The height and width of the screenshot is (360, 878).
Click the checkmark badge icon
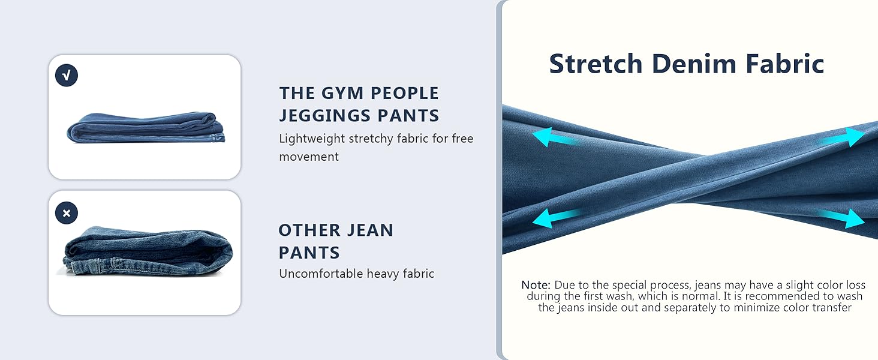pyautogui.click(x=67, y=75)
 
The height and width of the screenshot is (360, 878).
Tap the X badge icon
pyautogui.click(x=67, y=213)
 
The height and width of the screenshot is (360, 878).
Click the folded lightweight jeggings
pyautogui.click(x=146, y=128)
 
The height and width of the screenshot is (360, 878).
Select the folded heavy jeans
pyautogui.click(x=148, y=251)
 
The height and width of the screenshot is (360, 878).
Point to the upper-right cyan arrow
pyautogui.click(x=843, y=137)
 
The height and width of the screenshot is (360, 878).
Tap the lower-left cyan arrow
pyautogui.click(x=557, y=218)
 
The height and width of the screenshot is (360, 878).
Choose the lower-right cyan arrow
pyautogui.click(x=841, y=218)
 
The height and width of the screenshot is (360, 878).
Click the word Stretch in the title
pyautogui.click(x=596, y=64)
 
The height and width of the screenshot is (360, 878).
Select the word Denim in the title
pyautogui.click(x=694, y=64)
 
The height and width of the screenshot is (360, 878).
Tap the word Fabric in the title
pyautogui.click(x=784, y=64)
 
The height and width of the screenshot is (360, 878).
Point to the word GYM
pyautogui.click(x=342, y=94)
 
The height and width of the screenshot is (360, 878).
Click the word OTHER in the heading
pyautogui.click(x=308, y=230)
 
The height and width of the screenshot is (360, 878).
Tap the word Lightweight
pyautogui.click(x=312, y=139)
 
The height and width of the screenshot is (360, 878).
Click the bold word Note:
pyautogui.click(x=536, y=285)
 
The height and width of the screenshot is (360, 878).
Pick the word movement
pyautogui.click(x=309, y=157)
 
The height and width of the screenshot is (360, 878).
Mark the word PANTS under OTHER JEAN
pyautogui.click(x=309, y=253)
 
